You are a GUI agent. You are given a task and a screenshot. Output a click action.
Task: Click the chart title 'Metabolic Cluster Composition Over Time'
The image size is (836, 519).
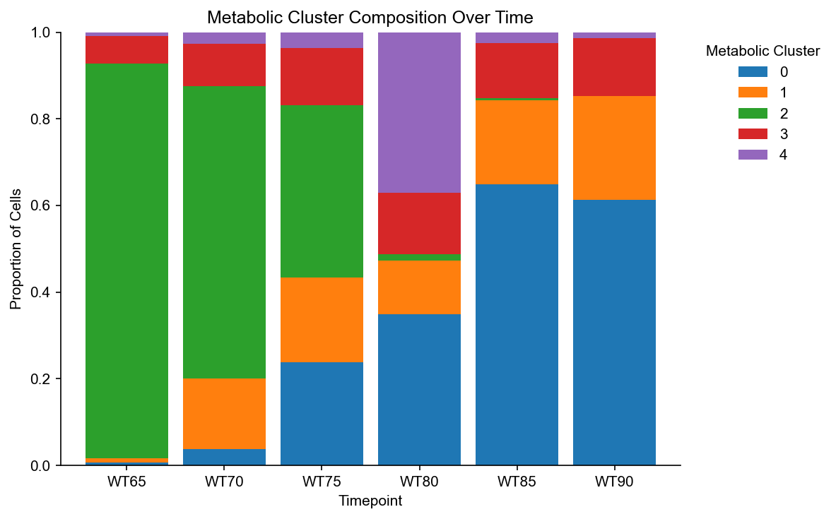click(x=370, y=18)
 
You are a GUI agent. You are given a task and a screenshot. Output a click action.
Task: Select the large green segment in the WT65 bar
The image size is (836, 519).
click(x=127, y=261)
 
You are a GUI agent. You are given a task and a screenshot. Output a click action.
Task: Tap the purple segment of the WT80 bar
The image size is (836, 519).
click(x=419, y=112)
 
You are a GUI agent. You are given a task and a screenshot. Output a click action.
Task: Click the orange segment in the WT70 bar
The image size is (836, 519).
click(x=225, y=414)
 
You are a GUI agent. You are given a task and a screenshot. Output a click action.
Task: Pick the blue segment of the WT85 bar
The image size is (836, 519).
click(x=517, y=325)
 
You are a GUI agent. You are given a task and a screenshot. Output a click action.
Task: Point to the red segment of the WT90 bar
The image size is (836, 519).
click(x=614, y=67)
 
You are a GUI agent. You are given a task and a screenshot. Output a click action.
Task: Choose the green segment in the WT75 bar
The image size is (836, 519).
click(x=322, y=191)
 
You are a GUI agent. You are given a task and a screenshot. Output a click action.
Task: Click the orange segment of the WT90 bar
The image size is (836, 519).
click(x=614, y=148)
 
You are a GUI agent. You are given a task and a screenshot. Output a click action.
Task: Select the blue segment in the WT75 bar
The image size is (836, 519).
click(x=322, y=414)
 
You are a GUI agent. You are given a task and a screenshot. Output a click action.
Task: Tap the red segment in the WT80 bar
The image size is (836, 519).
click(x=419, y=224)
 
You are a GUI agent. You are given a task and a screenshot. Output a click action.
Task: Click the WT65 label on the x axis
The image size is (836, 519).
click(x=126, y=482)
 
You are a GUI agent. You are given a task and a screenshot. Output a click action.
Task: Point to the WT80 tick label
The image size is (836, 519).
click(x=419, y=482)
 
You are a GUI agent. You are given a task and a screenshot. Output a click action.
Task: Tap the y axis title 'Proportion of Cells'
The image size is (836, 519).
click(x=16, y=249)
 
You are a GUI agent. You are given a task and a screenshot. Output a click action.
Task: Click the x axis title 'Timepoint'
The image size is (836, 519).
click(x=370, y=501)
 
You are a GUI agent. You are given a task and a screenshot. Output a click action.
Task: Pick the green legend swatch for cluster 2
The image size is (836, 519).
click(x=753, y=113)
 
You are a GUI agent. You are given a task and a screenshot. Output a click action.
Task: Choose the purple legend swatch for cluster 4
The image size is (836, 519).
click(x=753, y=155)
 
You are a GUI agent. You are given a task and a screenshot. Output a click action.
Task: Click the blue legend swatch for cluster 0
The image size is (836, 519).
click(x=753, y=71)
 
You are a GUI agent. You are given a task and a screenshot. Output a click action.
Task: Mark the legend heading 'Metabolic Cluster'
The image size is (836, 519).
click(x=763, y=51)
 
